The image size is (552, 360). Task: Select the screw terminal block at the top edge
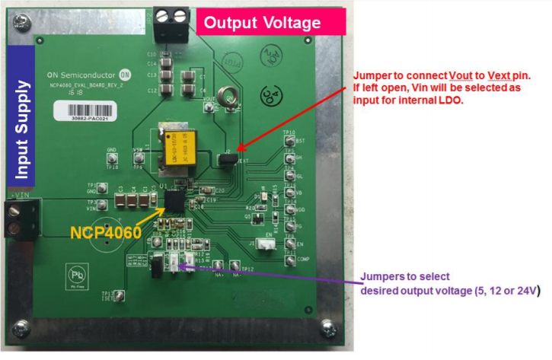click(x=171, y=15)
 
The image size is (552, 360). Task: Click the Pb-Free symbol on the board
click(x=76, y=274)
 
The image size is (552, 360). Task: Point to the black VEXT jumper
click(x=228, y=159)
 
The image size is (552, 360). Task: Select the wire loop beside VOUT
click(x=226, y=97)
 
